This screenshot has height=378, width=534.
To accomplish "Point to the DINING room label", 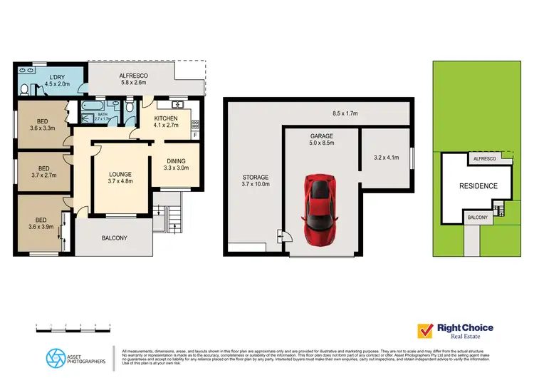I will [176, 165].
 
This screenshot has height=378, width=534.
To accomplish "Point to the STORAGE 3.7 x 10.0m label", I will [254, 180].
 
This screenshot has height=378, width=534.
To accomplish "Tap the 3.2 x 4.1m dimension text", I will [385, 158].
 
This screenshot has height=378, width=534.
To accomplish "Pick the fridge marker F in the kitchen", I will [194, 154].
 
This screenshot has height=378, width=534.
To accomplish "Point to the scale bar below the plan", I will [73, 327].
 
